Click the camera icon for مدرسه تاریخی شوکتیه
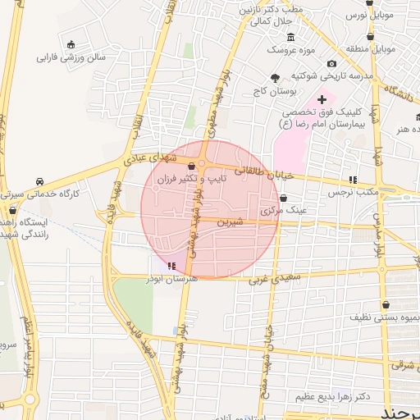click(x=331, y=63)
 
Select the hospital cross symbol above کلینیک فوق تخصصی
click(x=322, y=99)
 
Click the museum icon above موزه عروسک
click(x=290, y=38)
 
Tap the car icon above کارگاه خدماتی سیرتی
click(x=39, y=181)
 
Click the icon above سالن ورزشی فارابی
click(x=72, y=44)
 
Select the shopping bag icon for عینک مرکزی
click(x=284, y=198)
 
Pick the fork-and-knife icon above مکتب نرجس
click(x=352, y=179)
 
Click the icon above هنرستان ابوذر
click(x=171, y=266)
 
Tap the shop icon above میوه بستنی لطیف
click(x=386, y=304)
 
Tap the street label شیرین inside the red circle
click(x=231, y=222)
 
